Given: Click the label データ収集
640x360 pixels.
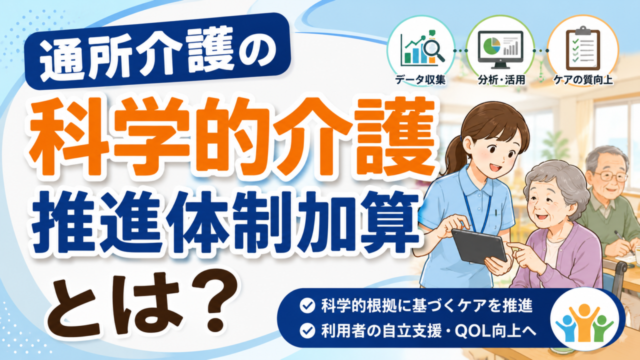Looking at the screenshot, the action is point(420,80).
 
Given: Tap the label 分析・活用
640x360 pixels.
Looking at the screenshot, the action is point(501,80).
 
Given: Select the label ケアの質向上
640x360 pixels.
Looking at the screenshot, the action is point(583,80).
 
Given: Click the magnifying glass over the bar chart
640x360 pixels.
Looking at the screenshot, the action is point(433,51).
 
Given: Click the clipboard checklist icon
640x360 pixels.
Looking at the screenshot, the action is point(583,48).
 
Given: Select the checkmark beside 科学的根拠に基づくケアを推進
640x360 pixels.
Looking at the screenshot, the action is point(307,306).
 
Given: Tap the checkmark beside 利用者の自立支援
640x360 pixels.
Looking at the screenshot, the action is point(307,331).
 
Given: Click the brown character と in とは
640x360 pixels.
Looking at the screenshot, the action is point(75,307).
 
